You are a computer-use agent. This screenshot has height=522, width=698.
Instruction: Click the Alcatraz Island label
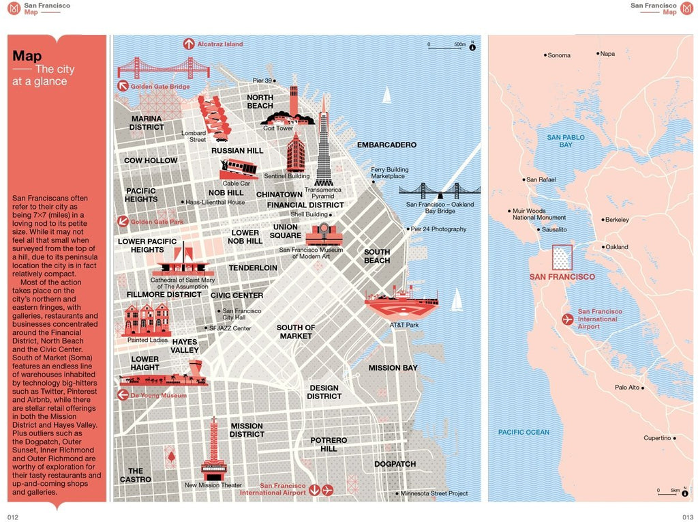coord(219,44)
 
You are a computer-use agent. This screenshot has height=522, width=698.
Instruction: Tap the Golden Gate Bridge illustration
coord(163,68)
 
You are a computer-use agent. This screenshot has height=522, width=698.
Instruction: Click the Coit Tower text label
coord(278,128)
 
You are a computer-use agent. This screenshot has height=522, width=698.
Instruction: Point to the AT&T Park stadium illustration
coord(401,302)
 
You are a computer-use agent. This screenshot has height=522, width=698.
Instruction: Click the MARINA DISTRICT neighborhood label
coord(147,123)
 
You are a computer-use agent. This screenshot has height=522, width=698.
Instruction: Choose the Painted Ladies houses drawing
coord(146,319)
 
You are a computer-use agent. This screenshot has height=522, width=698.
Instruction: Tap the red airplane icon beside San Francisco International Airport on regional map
coord(567,319)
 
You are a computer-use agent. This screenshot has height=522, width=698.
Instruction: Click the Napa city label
coord(607,54)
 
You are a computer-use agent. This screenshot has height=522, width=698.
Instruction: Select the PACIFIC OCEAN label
coord(523,432)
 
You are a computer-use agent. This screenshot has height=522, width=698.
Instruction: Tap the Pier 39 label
coord(262,81)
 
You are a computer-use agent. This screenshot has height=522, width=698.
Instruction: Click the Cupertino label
coord(657,438)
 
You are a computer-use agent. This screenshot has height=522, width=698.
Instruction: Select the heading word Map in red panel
coord(27,56)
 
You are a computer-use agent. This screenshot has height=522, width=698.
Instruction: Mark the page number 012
coord(13,517)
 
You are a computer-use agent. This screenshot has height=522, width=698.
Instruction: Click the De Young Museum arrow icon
coord(123,395)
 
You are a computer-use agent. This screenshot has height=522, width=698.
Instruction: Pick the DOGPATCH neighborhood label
coord(395,464)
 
